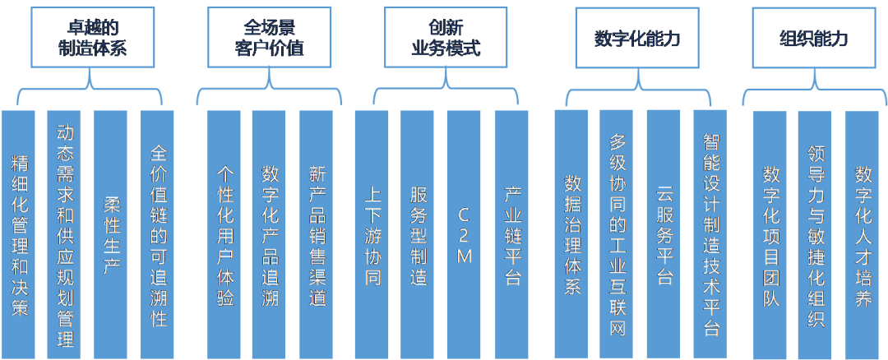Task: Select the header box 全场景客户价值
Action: point(267,37)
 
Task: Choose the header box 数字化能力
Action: point(637,38)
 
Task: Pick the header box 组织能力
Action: point(812,38)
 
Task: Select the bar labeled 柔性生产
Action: point(112,234)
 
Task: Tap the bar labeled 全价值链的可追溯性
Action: point(159,234)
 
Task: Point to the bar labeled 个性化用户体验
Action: point(224,234)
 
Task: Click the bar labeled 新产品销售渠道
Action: point(317,234)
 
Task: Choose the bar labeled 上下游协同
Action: point(372,234)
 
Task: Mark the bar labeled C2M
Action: point(464,234)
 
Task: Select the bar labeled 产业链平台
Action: point(511,234)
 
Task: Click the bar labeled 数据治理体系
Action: point(571,234)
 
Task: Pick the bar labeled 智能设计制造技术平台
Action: point(711,234)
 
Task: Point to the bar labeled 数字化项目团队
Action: point(770,234)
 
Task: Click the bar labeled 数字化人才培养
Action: point(863,234)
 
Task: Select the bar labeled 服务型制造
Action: point(418,234)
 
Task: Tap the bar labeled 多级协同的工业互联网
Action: point(617,234)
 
